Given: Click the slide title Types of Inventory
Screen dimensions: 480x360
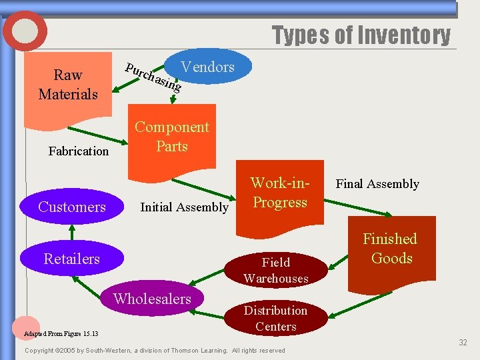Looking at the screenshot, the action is pos(361,35).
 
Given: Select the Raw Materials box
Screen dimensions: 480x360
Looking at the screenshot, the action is pos(68,85).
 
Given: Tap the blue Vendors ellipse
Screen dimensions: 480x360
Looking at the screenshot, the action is pos(208,67).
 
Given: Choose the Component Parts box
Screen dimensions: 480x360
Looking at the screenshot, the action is pos(172,137).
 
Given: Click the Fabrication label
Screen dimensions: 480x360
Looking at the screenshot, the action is pos(79,151).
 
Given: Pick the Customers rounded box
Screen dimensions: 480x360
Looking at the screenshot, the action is pos(72,207).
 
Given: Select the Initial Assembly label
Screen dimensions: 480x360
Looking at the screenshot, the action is pos(184,207).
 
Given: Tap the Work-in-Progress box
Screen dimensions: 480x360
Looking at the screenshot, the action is pos(279,193).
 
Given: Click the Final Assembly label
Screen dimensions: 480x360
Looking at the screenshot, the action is pos(377,184).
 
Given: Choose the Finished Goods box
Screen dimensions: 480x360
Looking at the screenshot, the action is pos(390,250).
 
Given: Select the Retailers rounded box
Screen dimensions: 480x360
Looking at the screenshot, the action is pos(72,259).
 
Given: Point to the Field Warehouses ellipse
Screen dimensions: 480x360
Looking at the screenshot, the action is pos(276,270).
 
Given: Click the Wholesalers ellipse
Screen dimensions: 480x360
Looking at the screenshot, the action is pos(152,299).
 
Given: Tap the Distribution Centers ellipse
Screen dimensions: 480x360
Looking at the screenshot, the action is pos(275,319).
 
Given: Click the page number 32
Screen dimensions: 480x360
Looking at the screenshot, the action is pos(463,343).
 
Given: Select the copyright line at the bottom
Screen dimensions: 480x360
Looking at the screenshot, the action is pos(155,351).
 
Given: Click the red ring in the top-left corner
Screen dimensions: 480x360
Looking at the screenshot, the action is pos(25,31).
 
